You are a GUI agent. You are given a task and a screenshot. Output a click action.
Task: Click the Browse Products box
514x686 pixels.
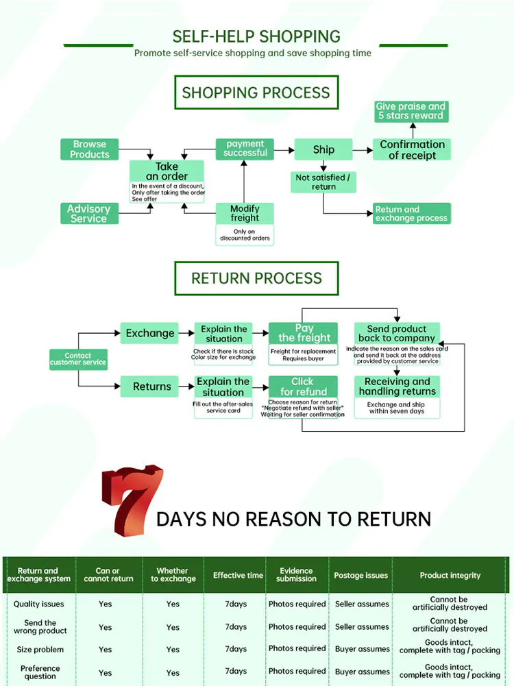90,149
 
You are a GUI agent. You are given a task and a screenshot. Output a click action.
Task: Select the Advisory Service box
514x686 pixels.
88,214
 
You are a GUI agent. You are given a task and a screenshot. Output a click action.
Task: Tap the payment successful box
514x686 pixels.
245,148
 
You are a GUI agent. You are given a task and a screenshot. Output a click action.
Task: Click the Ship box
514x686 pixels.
323,149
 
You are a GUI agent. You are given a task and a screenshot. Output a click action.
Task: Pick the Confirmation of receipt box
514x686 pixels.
412,149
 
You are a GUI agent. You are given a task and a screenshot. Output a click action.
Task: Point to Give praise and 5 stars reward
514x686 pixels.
411,111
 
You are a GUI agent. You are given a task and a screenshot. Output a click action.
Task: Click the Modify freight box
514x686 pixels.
245,213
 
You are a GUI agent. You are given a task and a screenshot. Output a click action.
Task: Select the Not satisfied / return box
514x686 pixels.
323,182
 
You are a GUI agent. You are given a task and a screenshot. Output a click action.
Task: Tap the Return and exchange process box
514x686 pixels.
411,214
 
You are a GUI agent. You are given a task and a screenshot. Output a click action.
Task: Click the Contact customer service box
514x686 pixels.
78,359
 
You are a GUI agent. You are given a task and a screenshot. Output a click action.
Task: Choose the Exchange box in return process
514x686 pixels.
150,334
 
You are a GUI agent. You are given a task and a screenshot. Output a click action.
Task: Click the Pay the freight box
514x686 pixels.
304,333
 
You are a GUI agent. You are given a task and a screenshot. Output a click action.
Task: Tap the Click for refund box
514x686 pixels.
303,387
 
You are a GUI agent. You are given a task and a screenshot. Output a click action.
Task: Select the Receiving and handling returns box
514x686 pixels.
397,387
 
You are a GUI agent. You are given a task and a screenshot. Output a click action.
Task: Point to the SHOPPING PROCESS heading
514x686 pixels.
256,93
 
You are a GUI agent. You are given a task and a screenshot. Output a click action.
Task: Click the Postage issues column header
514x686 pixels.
361,576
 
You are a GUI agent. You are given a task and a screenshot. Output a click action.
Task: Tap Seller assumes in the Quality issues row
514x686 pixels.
362,604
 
